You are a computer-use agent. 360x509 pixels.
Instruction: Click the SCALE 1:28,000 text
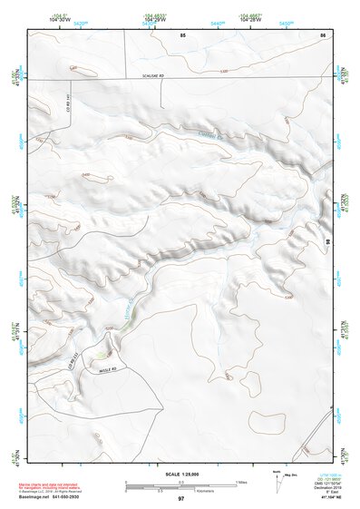181,475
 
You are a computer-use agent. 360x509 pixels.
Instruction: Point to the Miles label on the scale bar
241,482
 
